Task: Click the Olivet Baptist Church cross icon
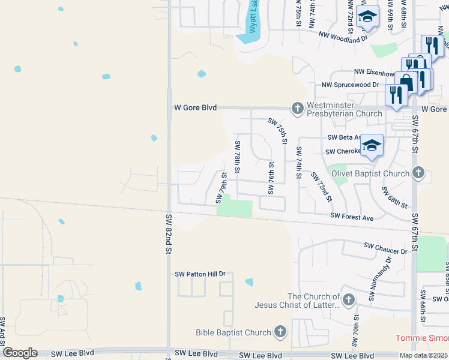coord(419,173)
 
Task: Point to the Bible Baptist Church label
coord(234,332)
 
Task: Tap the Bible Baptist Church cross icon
coord(280,331)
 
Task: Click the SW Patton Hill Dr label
coord(200,274)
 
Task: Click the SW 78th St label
coord(238,157)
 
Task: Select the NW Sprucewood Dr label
coord(351,85)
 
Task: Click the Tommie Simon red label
coord(421,338)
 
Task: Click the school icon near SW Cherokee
coord(372,146)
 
